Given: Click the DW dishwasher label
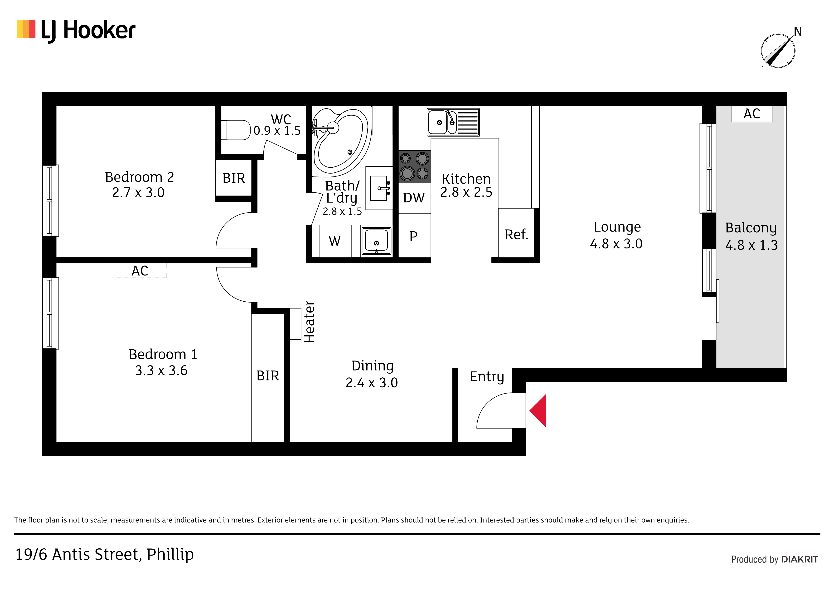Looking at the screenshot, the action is pyautogui.click(x=414, y=198).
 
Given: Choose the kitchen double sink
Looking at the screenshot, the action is pyautogui.click(x=453, y=122).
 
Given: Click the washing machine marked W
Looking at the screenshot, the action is pyautogui.click(x=335, y=241).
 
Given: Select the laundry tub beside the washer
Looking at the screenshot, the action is pyautogui.click(x=376, y=241).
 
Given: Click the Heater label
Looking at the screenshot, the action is pyautogui.click(x=309, y=322).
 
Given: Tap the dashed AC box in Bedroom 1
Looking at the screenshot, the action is pyautogui.click(x=139, y=270).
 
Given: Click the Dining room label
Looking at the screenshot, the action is pyautogui.click(x=372, y=366).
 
